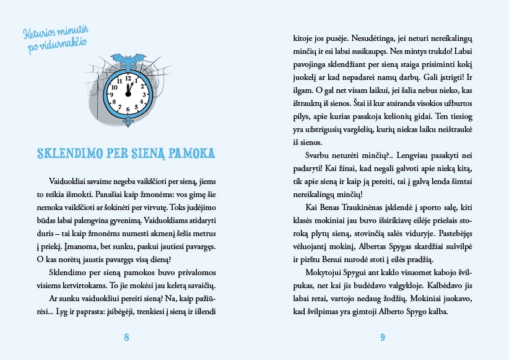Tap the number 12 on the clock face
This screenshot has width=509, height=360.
point(128,79)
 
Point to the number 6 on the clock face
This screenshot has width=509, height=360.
point(128,110)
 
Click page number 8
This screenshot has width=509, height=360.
point(127,337)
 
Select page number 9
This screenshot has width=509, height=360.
point(382,337)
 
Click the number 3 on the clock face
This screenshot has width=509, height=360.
point(144,94)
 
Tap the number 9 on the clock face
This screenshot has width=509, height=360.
point(113,95)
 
